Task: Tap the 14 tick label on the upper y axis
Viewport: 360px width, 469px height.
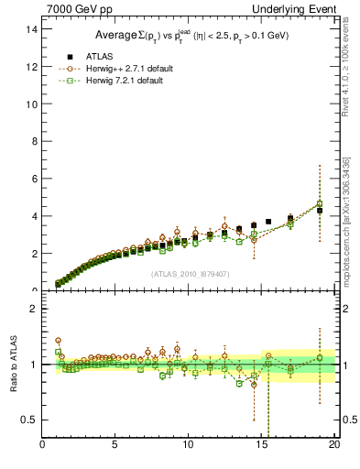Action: point(31,28)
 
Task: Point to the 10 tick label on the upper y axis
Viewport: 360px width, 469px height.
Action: point(31,104)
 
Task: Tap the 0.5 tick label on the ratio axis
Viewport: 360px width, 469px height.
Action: point(28,420)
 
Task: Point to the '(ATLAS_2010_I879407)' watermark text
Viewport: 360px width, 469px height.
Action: point(190,274)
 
